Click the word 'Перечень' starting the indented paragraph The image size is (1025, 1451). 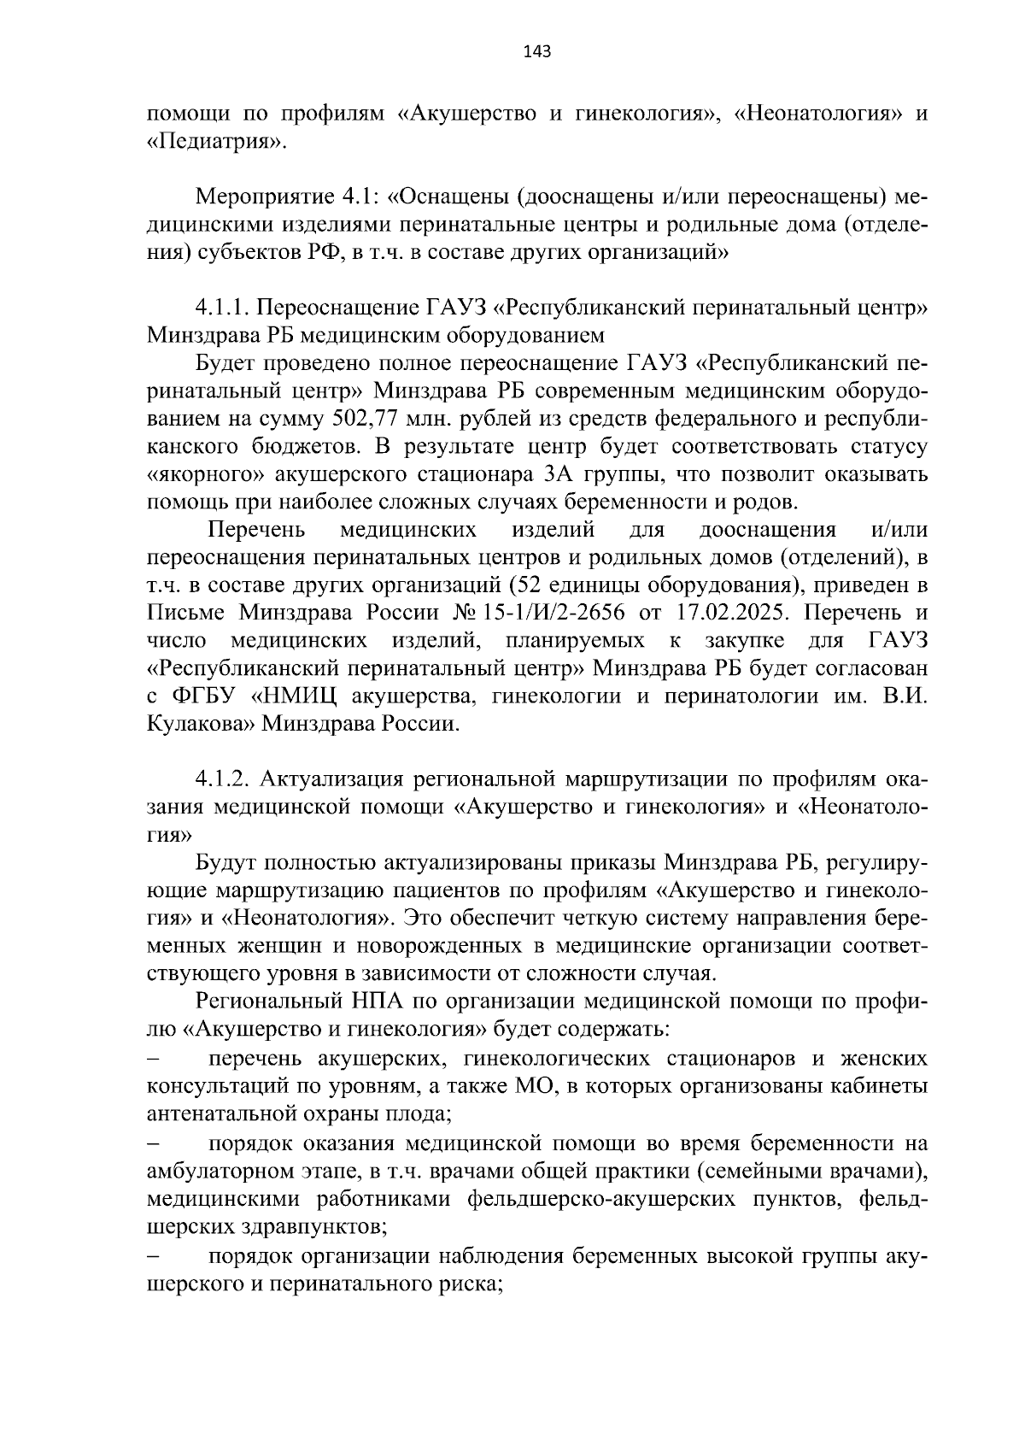tap(257, 530)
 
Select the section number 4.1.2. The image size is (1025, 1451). tap(223, 779)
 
